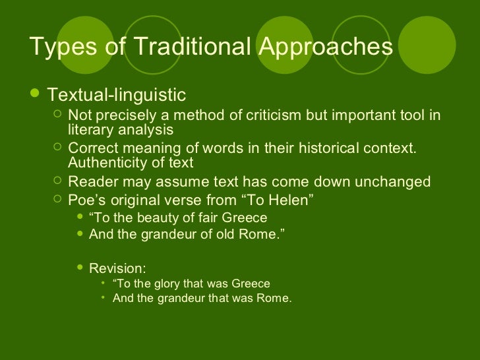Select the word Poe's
[88, 200]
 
